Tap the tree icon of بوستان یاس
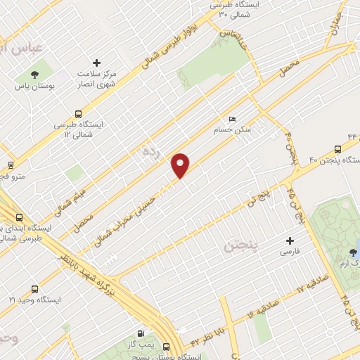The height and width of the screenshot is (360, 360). (34, 74)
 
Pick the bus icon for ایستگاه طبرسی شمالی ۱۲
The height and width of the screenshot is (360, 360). (77, 113)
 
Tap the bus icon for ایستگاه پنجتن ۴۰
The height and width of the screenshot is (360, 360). (337, 148)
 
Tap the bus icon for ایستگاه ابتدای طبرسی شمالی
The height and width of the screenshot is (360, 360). (18, 218)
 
